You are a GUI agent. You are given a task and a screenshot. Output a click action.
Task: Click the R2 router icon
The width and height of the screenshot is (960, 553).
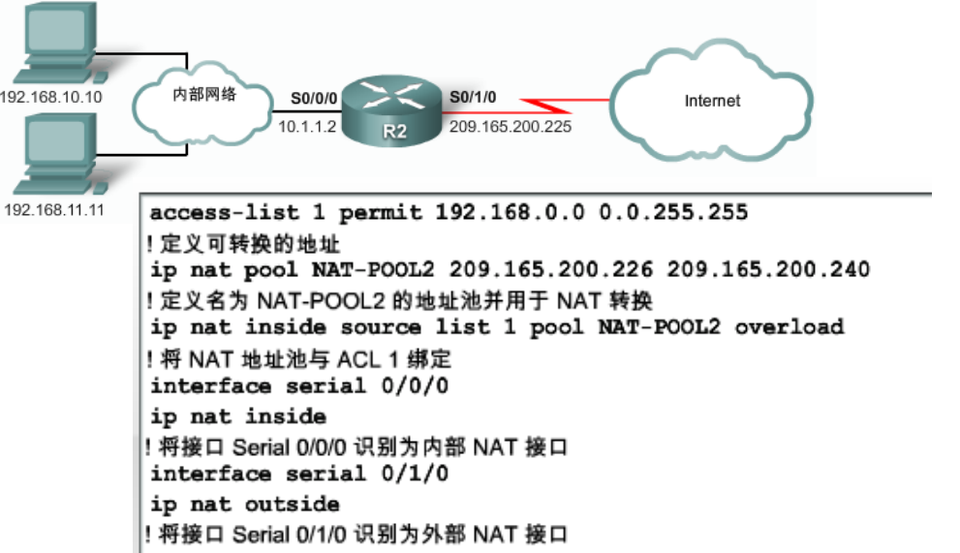coord(394,111)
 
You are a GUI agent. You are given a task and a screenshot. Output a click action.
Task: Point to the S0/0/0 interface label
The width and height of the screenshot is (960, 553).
coord(313,98)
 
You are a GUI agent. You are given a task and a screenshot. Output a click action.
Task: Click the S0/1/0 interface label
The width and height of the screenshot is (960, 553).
coord(473,98)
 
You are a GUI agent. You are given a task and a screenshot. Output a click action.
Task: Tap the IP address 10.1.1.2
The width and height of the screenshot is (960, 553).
coord(307,126)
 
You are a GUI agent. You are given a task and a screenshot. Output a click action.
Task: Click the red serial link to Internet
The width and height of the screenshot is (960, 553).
coord(562,101)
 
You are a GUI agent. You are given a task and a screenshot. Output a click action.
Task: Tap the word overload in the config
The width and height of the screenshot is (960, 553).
coord(789,327)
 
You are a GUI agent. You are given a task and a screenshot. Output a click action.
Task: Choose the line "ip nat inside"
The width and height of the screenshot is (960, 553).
coord(238,416)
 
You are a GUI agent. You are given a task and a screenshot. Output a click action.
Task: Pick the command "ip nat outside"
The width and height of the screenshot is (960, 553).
coord(245,504)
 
